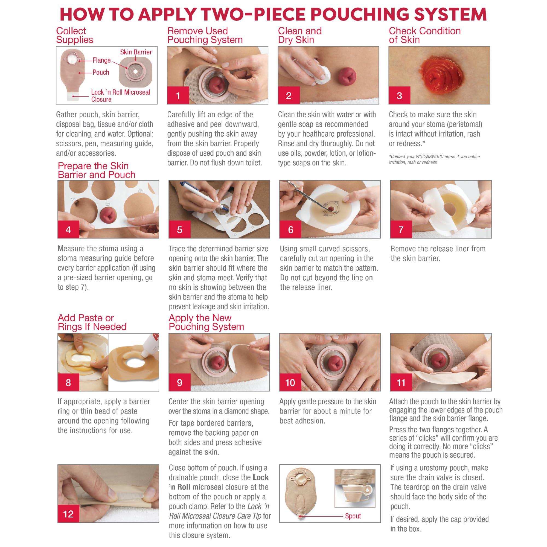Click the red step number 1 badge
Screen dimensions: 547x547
click(178, 95)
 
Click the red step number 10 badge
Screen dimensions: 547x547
click(290, 383)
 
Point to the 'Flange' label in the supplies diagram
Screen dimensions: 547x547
click(102, 60)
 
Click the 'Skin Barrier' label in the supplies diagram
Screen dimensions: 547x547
click(136, 52)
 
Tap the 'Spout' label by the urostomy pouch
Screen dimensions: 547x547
click(353, 516)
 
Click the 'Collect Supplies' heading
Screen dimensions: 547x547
click(75, 35)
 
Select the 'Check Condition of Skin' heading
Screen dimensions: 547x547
click(425, 35)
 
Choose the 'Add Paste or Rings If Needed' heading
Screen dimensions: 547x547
click(92, 322)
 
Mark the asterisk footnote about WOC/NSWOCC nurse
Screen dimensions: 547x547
click(434, 159)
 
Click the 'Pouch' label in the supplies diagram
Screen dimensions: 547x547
click(101, 72)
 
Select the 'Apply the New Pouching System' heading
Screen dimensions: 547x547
click(206, 322)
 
